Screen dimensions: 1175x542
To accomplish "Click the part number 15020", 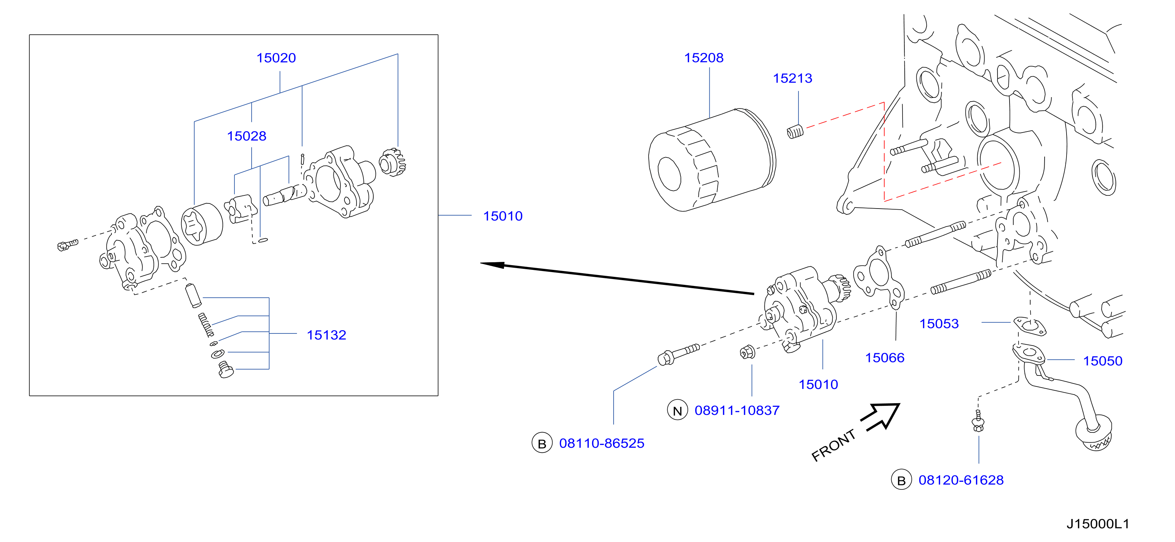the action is tap(276, 58).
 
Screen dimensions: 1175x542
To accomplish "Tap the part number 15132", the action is tap(326, 335).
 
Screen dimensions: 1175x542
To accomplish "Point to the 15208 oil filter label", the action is tap(703, 58).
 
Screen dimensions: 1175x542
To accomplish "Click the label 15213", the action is tap(792, 79).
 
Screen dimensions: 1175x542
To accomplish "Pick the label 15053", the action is tap(939, 324).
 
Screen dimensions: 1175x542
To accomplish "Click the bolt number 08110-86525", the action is tap(602, 443).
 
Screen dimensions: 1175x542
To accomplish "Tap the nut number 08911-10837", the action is tap(737, 410).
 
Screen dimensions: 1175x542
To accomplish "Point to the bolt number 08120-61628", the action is tap(961, 480).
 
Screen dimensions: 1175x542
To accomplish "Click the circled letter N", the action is tap(678, 410).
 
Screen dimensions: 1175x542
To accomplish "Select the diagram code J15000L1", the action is tap(1098, 524).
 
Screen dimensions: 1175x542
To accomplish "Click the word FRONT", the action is tap(833, 445).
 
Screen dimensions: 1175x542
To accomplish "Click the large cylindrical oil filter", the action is tap(712, 160).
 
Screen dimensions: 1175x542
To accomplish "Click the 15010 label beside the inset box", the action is tap(503, 216).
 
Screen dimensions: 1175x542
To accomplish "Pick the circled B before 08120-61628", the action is tap(901, 480).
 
